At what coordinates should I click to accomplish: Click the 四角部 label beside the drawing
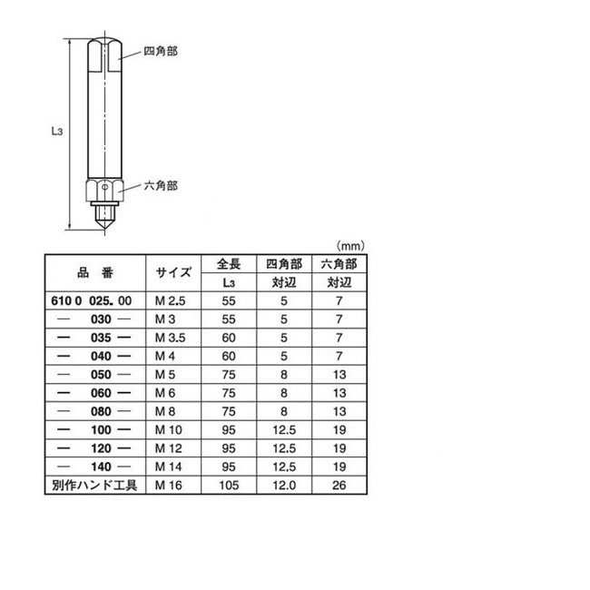click(161, 51)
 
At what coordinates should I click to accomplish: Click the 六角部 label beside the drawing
click(161, 186)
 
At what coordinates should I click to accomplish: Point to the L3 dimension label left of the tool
click(57, 131)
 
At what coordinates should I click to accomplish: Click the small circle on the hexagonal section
click(105, 187)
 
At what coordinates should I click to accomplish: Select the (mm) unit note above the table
click(350, 246)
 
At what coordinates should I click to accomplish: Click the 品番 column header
click(95, 273)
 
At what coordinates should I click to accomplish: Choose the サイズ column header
click(173, 273)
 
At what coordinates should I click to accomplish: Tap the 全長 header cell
click(229, 264)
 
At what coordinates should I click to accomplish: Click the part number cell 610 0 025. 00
click(92, 301)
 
